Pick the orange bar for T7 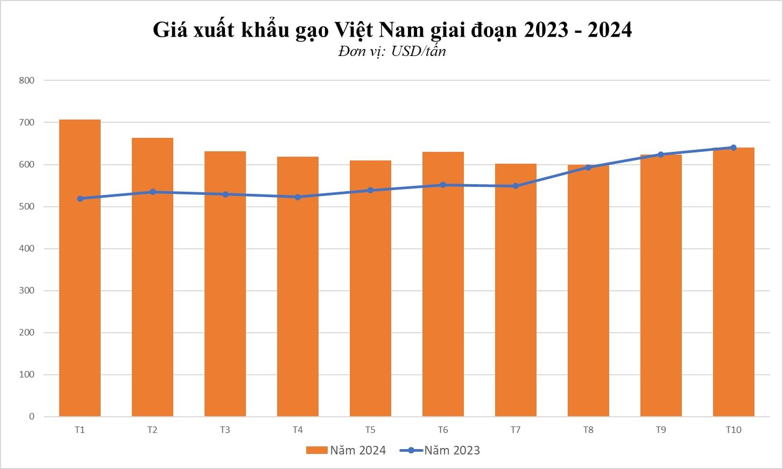[x=516, y=290]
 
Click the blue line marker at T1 [x=80, y=199]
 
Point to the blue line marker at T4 [x=298, y=197]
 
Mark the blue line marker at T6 [x=443, y=185]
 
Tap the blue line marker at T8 [x=588, y=167]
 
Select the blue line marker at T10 [x=733, y=148]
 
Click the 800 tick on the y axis [x=26, y=80]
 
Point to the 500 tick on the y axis [x=26, y=206]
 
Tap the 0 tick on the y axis [x=32, y=416]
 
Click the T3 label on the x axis [x=225, y=430]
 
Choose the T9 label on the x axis [x=661, y=430]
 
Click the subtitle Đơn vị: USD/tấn [x=392, y=51]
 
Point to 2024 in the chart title [x=609, y=30]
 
